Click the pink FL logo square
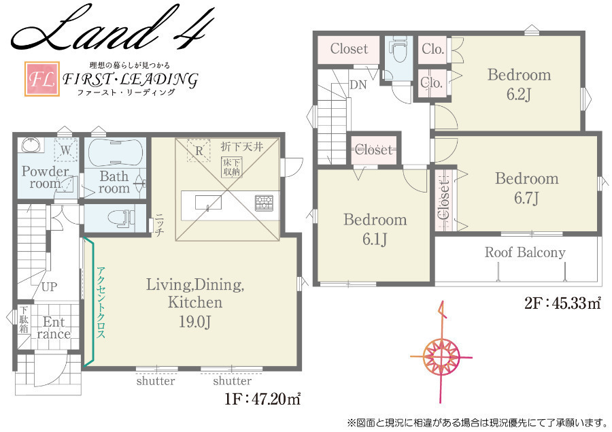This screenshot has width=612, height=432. pyautogui.click(x=42, y=79)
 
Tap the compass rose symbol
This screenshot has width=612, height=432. pyautogui.click(x=441, y=356)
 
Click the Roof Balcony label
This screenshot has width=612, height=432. pyautogui.click(x=525, y=252)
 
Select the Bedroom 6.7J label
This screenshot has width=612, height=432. pyautogui.click(x=527, y=188)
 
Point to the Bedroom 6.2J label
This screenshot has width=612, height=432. pyautogui.click(x=519, y=84)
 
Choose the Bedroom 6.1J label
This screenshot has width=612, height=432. pyautogui.click(x=375, y=229)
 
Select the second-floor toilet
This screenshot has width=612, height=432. pyautogui.click(x=399, y=50)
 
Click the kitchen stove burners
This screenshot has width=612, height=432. pyautogui.click(x=265, y=202)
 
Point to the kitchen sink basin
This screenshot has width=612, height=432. pyautogui.click(x=209, y=202)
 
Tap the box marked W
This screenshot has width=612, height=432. pyautogui.click(x=65, y=150)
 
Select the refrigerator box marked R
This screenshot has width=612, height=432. pyautogui.click(x=199, y=150)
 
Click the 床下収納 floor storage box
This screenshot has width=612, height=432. pyautogui.click(x=232, y=167)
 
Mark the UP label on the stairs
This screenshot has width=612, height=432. pyautogui.click(x=49, y=287)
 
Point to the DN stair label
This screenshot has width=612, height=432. pyautogui.click(x=358, y=84)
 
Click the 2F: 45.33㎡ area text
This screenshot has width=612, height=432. pyautogui.click(x=562, y=303)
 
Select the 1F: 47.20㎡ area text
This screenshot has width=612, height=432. pyautogui.click(x=262, y=399)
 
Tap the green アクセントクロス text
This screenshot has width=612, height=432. pyautogui.click(x=101, y=302)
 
